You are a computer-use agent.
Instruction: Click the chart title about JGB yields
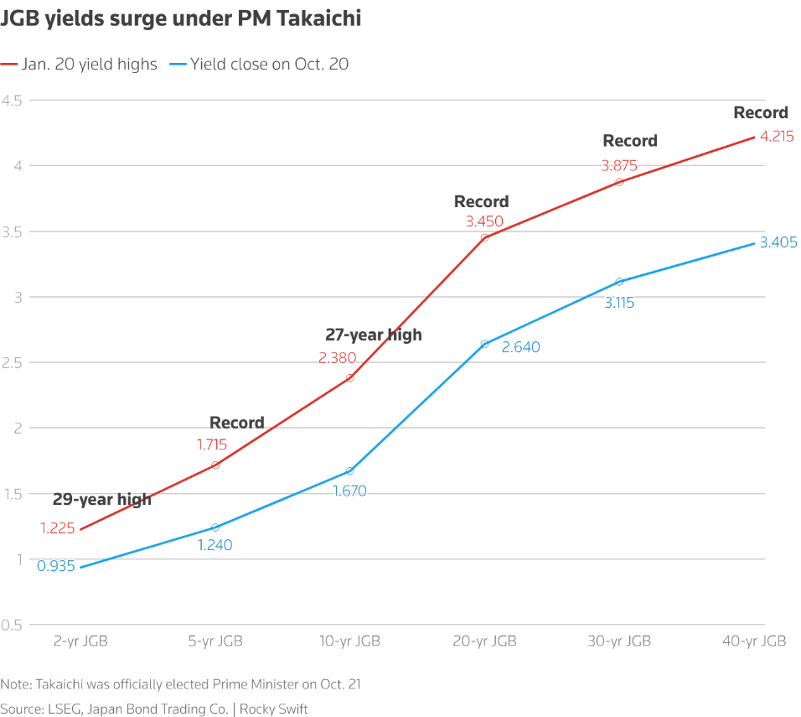[x=182, y=18]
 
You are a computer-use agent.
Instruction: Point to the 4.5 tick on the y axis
[x=14, y=100]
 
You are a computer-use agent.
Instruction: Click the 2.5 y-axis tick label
[x=14, y=362]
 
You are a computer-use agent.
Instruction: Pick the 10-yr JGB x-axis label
[x=350, y=642]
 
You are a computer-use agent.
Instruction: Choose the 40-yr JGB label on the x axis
[x=754, y=642]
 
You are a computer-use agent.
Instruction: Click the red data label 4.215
[x=777, y=136]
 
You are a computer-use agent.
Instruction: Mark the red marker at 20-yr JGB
[x=484, y=238]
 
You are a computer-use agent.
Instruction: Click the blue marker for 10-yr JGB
[x=350, y=471]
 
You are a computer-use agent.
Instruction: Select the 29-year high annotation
[x=102, y=500]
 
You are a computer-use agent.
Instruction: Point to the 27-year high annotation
[x=374, y=335]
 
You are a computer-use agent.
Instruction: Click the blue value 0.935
[x=56, y=566]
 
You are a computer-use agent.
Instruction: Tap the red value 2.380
[x=337, y=358]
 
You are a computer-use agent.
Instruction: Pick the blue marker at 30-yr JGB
[x=619, y=282]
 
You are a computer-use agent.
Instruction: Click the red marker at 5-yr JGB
[x=215, y=465]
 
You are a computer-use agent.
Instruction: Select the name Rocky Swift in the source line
[x=274, y=709]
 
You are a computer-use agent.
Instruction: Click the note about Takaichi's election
[x=180, y=684]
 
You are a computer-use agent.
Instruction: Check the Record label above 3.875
[x=630, y=141]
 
